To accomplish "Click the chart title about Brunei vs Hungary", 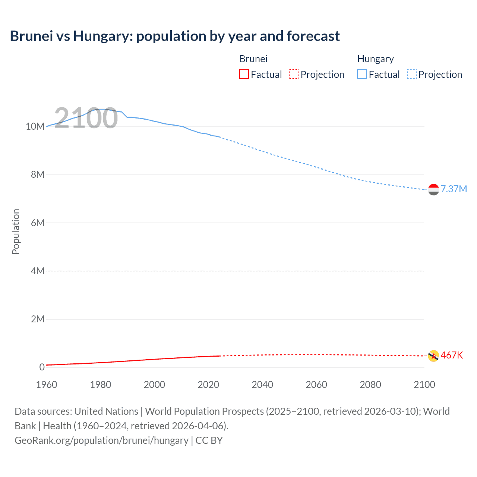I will click(x=175, y=36).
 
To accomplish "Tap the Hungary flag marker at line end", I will click(x=433, y=190).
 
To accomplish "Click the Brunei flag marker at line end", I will click(x=433, y=356).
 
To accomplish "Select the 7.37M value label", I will click(x=454, y=189).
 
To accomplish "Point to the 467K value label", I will click(x=452, y=355).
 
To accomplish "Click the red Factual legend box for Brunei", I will click(x=244, y=74).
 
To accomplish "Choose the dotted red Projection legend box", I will click(x=294, y=74).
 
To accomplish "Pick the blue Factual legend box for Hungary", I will click(x=361, y=74).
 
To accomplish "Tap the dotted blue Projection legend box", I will click(x=411, y=74).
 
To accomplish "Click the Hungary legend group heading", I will click(x=375, y=59).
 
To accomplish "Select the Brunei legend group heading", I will click(x=253, y=59).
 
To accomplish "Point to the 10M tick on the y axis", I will click(x=35, y=126).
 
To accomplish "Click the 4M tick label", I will click(x=37, y=271).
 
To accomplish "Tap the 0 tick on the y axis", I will click(x=42, y=367).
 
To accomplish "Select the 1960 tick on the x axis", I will click(x=47, y=385).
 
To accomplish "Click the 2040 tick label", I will click(x=262, y=385).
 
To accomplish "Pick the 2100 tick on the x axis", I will click(x=424, y=385).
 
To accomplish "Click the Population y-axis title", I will click(x=16, y=231).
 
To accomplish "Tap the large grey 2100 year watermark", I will click(x=86, y=118).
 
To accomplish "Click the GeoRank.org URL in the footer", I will click(x=101, y=440).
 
